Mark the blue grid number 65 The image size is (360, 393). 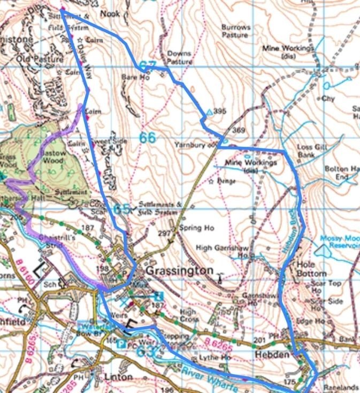[121, 209]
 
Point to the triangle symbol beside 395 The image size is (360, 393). [209, 112]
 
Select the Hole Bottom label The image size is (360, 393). [311, 268]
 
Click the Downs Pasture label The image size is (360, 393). [179, 58]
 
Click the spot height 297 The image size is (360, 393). [165, 234]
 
